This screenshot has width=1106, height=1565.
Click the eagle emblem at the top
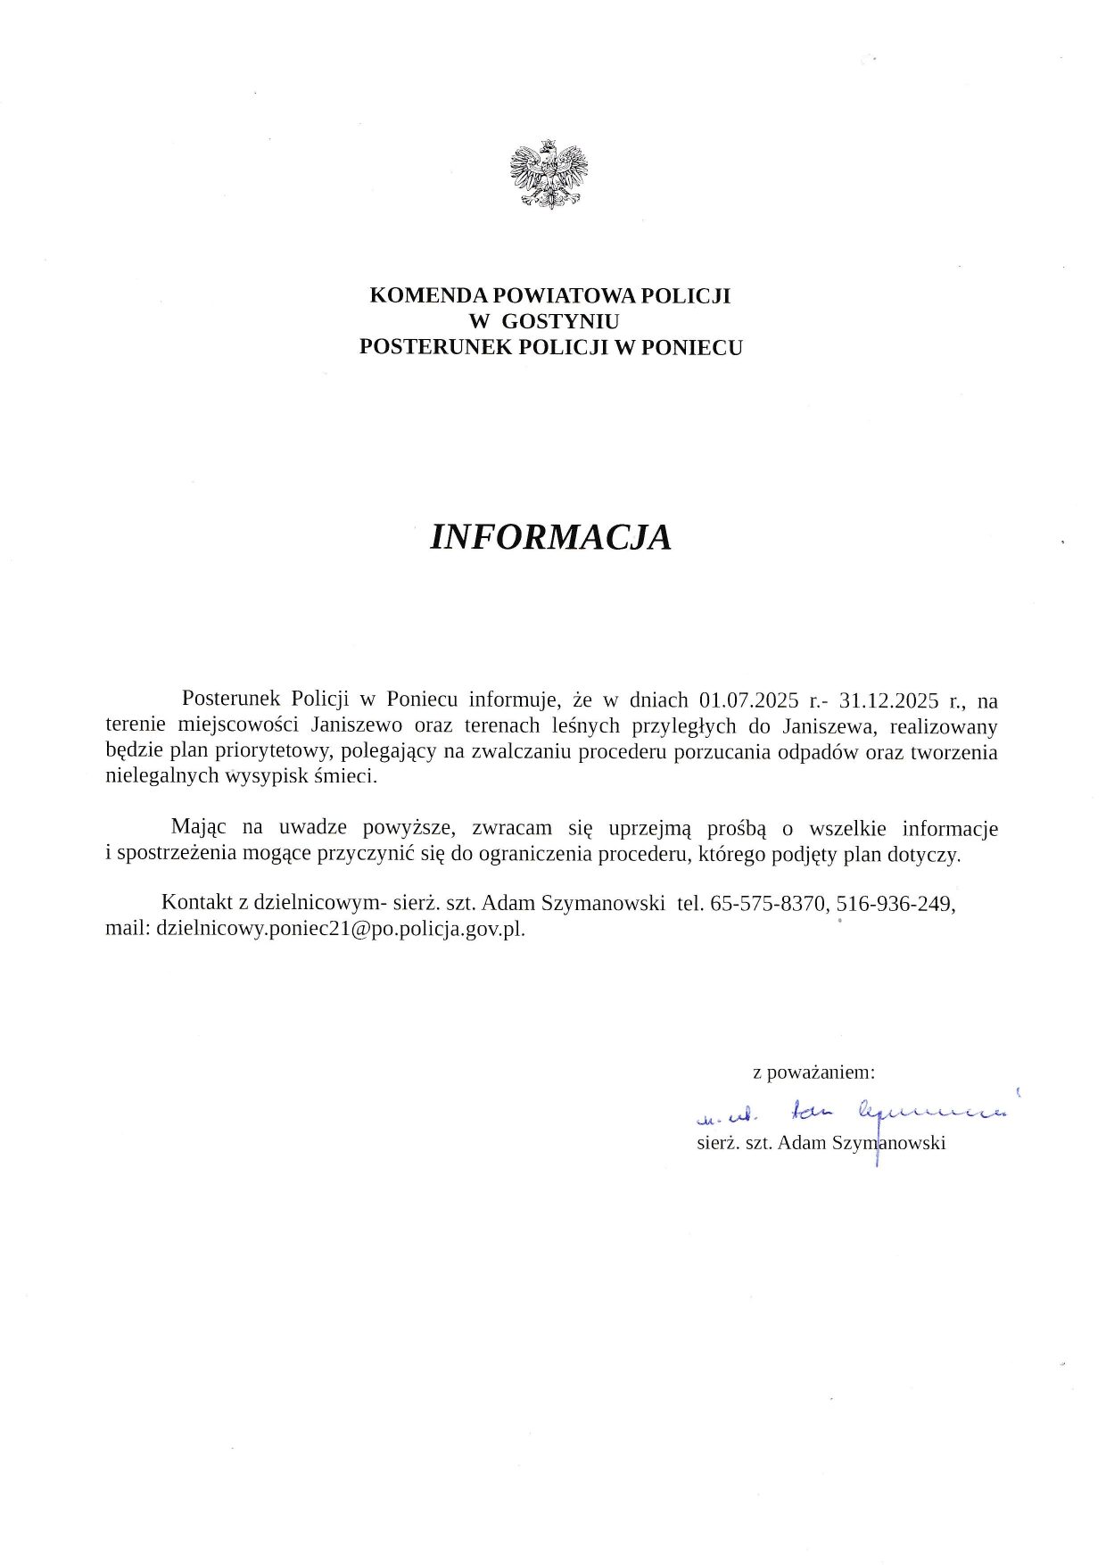point(549,174)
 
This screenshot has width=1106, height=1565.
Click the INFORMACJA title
point(550,537)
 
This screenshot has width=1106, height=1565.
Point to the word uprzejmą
point(650,828)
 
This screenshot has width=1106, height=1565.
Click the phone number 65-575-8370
point(770,903)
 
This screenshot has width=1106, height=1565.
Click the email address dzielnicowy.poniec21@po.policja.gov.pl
point(340,929)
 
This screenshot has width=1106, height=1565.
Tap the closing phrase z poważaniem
point(813,1072)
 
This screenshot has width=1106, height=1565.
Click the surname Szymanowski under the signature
point(888,1143)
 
